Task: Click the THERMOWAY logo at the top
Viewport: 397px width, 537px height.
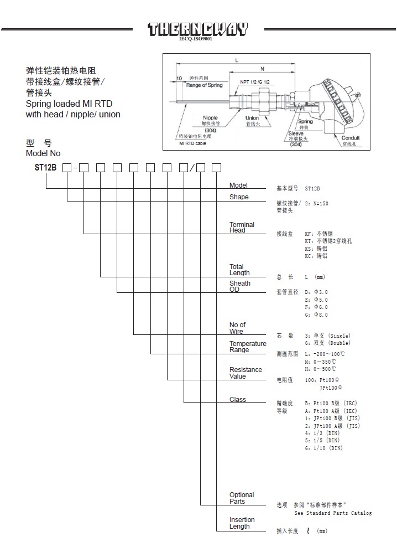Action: tap(197, 29)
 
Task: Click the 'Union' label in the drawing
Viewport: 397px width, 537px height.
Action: tap(252, 118)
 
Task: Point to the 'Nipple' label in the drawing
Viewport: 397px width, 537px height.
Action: tap(210, 118)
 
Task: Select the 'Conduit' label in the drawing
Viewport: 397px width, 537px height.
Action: tap(351, 138)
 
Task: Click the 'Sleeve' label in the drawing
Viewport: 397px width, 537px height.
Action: tap(296, 133)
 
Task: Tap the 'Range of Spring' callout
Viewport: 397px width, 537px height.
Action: tap(204, 85)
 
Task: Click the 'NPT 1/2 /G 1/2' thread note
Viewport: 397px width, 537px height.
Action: tap(254, 81)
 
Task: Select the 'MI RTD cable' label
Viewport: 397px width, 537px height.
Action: tap(193, 143)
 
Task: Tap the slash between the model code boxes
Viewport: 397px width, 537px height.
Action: tap(191, 167)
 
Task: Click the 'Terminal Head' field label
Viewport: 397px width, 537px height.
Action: tap(242, 227)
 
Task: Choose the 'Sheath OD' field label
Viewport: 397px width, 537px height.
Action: tap(239, 286)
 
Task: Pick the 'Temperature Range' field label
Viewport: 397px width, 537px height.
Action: tap(247, 347)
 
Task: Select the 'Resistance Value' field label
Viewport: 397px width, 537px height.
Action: tap(245, 373)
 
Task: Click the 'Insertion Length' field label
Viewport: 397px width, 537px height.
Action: tap(242, 523)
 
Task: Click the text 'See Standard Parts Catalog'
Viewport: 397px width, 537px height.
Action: tap(333, 513)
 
